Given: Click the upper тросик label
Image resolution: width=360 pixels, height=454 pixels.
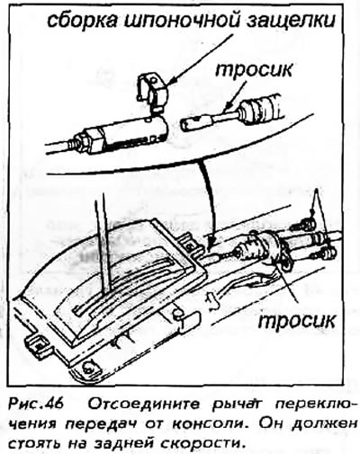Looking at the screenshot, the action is tap(254, 71).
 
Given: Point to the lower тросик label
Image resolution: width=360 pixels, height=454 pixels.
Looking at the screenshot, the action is tap(296, 321).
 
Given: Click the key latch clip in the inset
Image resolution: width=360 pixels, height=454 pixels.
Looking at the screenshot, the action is tap(152, 93).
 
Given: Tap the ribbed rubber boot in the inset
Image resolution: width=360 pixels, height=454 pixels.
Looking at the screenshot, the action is tap(260, 110).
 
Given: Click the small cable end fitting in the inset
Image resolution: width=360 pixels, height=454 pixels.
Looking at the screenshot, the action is tap(195, 123).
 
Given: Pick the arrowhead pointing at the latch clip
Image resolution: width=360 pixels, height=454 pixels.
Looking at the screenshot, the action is tap(170, 82).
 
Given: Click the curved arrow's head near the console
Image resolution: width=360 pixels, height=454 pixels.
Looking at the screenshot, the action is tap(211, 241).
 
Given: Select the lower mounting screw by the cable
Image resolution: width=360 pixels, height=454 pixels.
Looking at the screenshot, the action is tap(324, 254).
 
